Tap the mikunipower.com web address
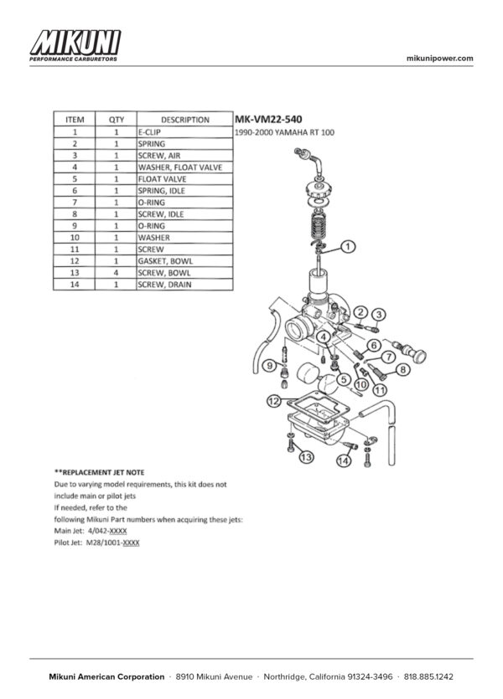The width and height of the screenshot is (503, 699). click(439, 58)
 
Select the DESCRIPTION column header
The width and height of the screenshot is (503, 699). click(184, 120)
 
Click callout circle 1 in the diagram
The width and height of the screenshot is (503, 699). click(350, 247)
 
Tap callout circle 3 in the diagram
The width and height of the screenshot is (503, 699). click(379, 314)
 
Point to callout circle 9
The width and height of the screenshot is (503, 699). click(270, 366)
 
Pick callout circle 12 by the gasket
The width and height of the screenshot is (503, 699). click(273, 402)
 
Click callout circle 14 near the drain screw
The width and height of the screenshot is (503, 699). click(343, 461)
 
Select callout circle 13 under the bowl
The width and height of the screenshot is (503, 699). click(306, 456)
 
